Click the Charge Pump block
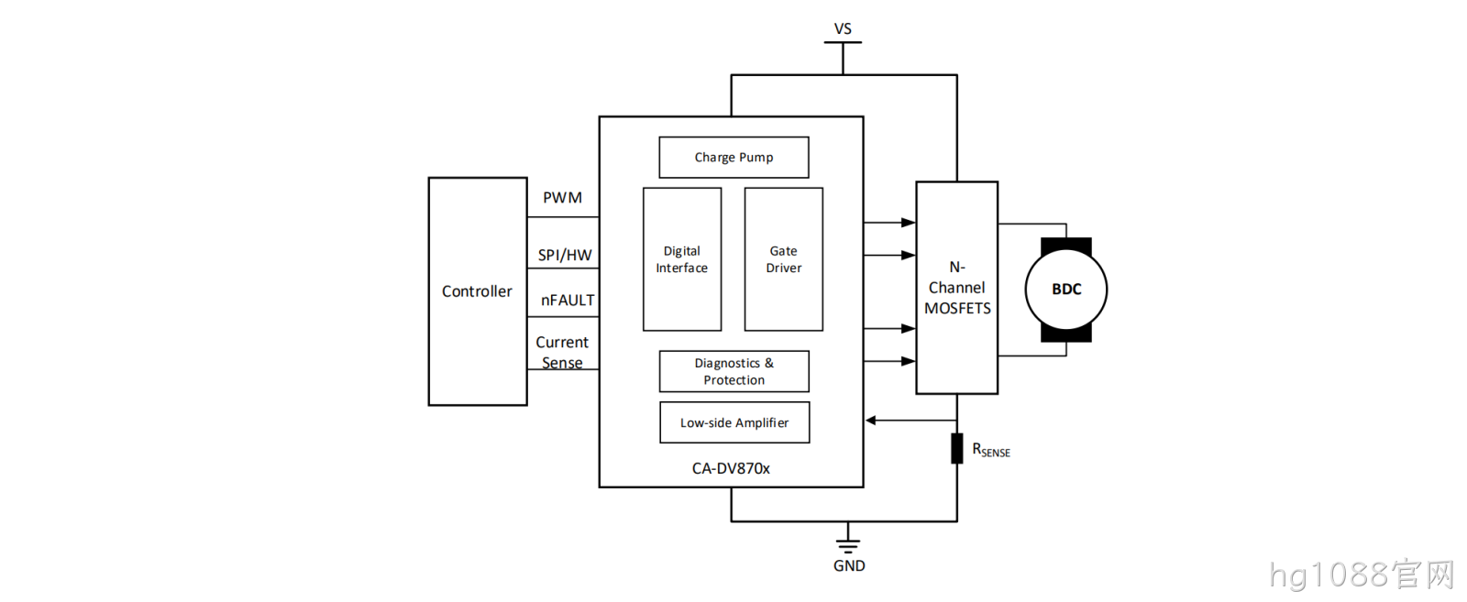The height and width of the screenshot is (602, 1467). coord(733,157)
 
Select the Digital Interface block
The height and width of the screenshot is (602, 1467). coord(682,259)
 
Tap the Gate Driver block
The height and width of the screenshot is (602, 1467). coord(783,259)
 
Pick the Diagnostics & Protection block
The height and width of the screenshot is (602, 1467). coord(733,371)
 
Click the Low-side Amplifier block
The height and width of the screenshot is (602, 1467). coord(734,422)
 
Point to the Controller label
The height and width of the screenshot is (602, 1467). coord(477,291)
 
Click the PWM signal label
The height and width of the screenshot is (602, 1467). coord(562,198)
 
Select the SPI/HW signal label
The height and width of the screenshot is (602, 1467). coord(565,256)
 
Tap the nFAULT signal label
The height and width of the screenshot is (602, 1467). coord(568,301)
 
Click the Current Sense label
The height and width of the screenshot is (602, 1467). coord(562,352)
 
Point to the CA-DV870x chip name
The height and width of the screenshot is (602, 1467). coord(731,468)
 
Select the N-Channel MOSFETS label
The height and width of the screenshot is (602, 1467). coord(957,288)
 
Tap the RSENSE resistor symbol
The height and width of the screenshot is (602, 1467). coord(957,448)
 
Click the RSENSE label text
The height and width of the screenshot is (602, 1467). coord(991,450)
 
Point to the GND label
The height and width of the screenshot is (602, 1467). coord(849,566)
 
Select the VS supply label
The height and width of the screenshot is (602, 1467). coord(843,28)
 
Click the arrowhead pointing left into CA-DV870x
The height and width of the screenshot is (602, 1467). coord(871,420)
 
